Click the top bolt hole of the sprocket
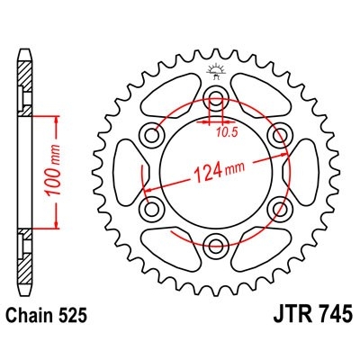pos(216,98)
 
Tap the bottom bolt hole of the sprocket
pos(216,240)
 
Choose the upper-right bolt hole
pos(278,134)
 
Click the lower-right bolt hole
pos(278,205)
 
